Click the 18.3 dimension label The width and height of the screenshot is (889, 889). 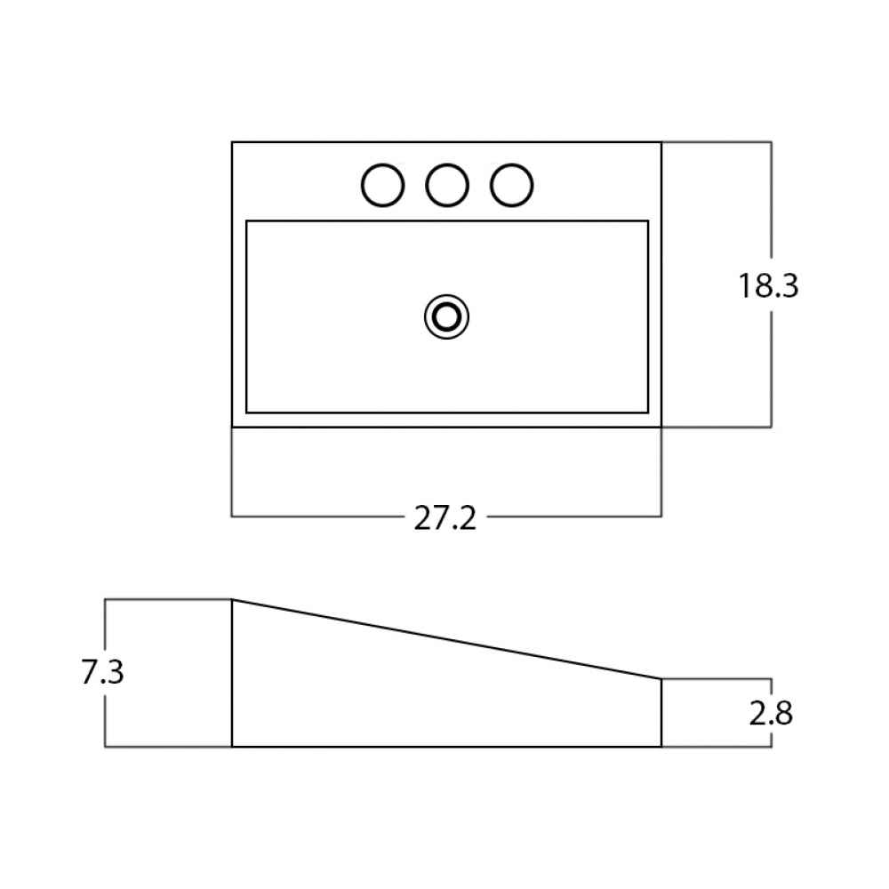[x=768, y=285]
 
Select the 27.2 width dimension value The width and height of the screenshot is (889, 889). [x=445, y=518]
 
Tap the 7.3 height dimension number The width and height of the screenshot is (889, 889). [x=102, y=672]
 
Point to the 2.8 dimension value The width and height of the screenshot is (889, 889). [x=771, y=713]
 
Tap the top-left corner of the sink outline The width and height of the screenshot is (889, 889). [x=232, y=141]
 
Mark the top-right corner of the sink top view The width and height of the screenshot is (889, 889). [x=661, y=141]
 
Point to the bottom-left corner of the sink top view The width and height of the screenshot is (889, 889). [x=232, y=427]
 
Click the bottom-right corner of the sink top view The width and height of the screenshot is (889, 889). [x=661, y=427]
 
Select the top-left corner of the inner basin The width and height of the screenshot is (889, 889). [x=246, y=221]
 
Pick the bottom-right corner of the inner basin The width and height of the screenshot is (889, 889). [x=648, y=412]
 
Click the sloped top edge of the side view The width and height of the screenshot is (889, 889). [x=447, y=639]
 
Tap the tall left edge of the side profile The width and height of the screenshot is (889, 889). [x=232, y=673]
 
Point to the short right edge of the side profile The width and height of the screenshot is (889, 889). [x=661, y=713]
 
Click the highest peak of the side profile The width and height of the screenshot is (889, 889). [x=232, y=599]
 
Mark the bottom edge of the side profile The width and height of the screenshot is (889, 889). [x=447, y=747]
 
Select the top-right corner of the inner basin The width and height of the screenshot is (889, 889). [x=648, y=221]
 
